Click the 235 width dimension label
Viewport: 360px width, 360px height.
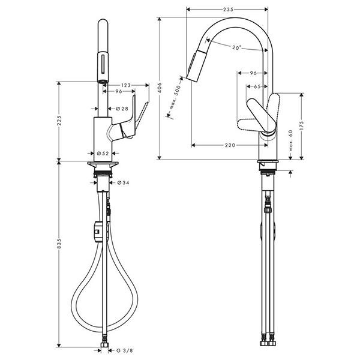pyautogui.click(x=228, y=10)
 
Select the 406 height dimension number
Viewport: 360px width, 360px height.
pyautogui.click(x=160, y=88)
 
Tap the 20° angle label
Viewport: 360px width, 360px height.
pyautogui.click(x=236, y=47)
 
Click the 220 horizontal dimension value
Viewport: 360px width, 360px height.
pyautogui.click(x=230, y=145)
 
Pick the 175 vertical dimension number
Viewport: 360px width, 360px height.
pyautogui.click(x=301, y=125)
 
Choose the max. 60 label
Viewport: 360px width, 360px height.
pyautogui.click(x=290, y=140)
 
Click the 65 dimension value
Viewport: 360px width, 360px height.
pyautogui.click(x=257, y=86)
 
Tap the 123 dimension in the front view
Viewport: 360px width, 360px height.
pyautogui.click(x=126, y=85)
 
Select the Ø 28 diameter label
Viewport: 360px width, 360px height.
pyautogui.click(x=122, y=109)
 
